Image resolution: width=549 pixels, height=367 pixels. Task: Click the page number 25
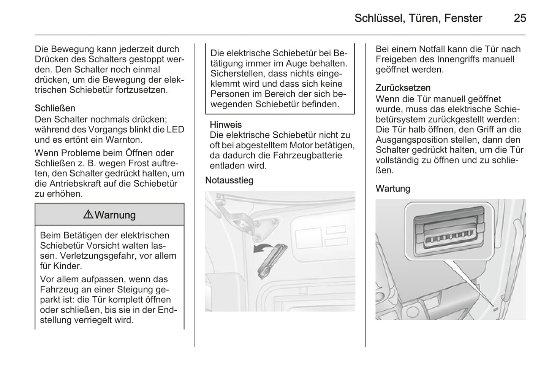point(520,18)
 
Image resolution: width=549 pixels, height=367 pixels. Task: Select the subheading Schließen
point(55,108)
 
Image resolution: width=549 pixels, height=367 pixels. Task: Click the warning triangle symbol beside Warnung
point(88,214)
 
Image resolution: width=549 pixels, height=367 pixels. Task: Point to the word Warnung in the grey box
point(115,215)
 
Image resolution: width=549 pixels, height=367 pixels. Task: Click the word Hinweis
point(226,125)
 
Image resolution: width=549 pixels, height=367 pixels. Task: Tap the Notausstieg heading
point(229,180)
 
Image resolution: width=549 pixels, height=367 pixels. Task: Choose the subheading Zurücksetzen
point(403,88)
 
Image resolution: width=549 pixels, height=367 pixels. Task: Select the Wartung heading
point(393,189)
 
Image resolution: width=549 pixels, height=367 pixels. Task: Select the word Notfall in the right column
point(431,49)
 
